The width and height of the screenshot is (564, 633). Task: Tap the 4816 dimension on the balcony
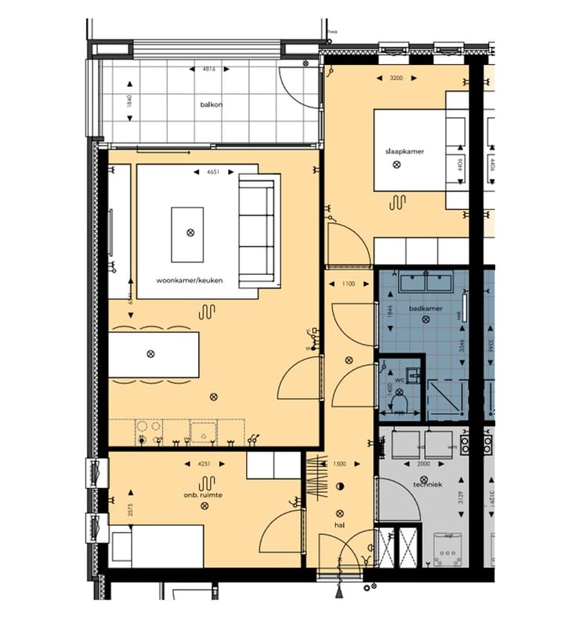[x=209, y=70]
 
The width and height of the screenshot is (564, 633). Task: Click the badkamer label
[x=425, y=309]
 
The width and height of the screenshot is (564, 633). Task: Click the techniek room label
[x=428, y=484]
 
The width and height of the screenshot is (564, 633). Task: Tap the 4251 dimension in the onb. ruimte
[x=205, y=464]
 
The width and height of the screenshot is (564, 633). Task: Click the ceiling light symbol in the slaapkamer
[x=397, y=165]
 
